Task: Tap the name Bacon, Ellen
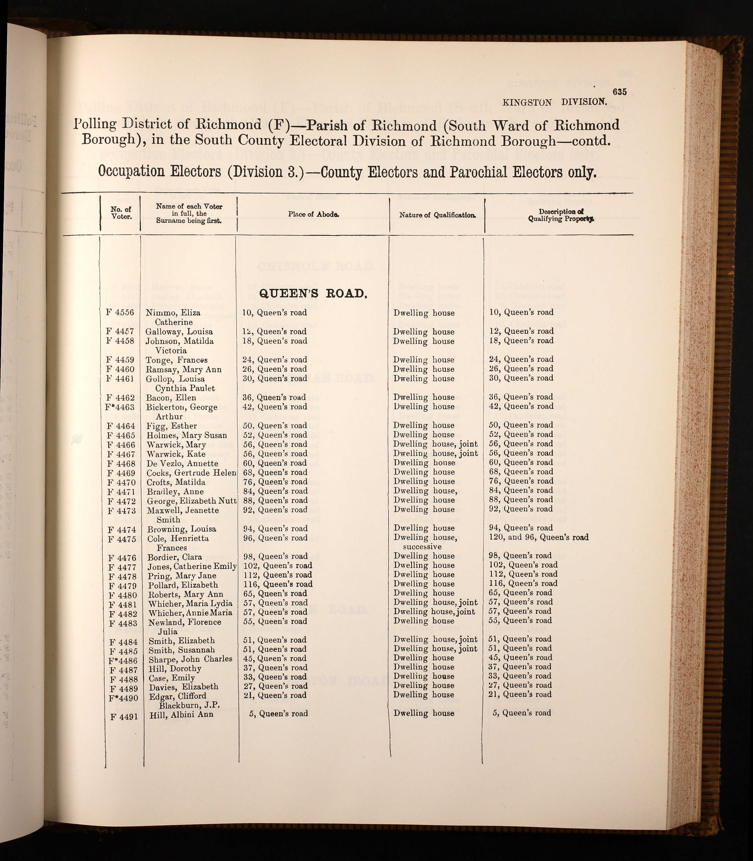pyautogui.click(x=171, y=398)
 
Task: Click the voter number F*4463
pyautogui.click(x=120, y=407)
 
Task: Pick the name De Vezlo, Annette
pyautogui.click(x=182, y=463)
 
